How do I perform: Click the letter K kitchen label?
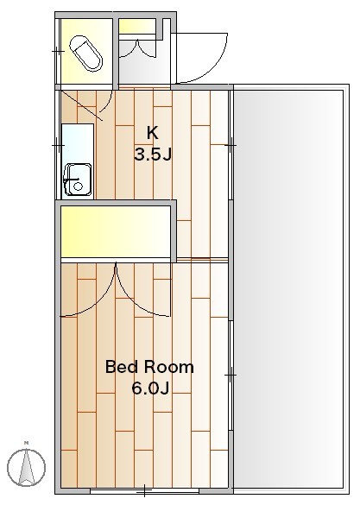[x=152, y=133]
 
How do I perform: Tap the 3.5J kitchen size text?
[x=152, y=155]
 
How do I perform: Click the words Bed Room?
[x=149, y=367]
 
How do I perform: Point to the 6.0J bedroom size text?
[x=150, y=388]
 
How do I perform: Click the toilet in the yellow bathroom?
[x=85, y=53]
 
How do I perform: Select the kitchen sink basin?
[x=78, y=180]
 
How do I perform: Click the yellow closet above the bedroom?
[x=116, y=231]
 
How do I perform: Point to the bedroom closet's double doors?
[x=116, y=290]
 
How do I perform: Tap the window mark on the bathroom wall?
[x=58, y=51]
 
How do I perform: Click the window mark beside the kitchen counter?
[x=58, y=146]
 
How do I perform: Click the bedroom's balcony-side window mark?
[x=231, y=376]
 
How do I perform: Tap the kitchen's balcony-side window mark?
[x=231, y=146]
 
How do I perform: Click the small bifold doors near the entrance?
[x=138, y=48]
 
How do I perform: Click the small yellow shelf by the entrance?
[x=137, y=26]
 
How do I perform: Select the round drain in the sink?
[x=78, y=186]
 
